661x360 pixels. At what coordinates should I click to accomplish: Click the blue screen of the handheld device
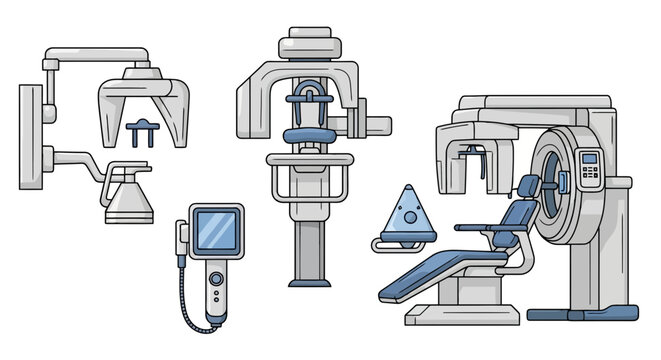(x=214, y=230)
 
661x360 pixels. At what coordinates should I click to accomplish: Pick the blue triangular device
(x=408, y=212)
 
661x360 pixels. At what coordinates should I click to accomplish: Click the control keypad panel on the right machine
(x=590, y=170)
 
